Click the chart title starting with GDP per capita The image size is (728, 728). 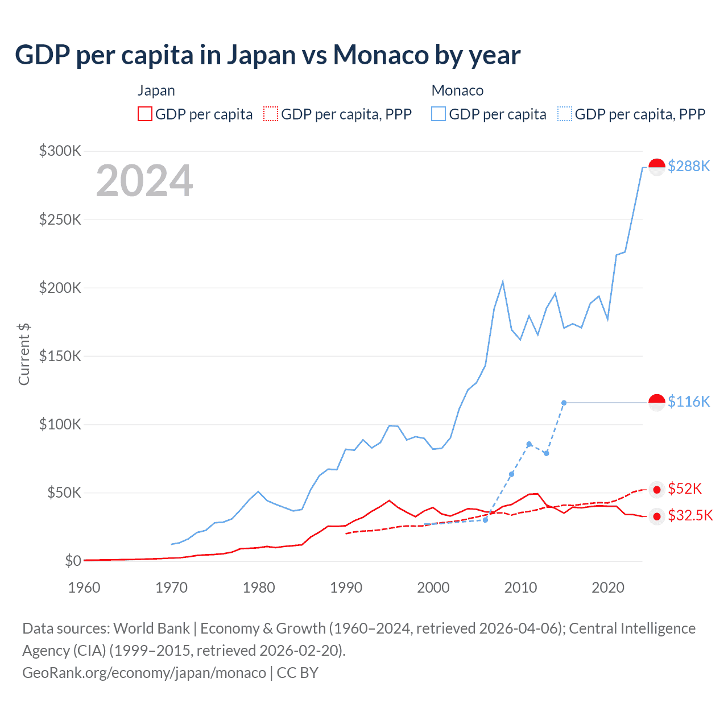coord(267,55)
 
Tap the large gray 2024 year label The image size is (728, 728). coord(144,181)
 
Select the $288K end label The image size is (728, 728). coord(689,166)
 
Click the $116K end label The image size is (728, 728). coord(689,402)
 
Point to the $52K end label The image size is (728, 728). coord(685,489)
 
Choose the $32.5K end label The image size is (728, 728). coord(690,515)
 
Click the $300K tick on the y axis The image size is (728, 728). coord(60,151)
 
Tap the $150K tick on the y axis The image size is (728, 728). coord(60,356)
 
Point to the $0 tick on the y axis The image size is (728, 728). coord(73,561)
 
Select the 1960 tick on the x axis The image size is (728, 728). coord(84,588)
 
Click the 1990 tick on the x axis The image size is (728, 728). coord(346,588)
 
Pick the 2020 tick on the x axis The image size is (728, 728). coord(608,588)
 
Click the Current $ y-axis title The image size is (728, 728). coord(24,354)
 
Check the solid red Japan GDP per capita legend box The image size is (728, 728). coord(145,114)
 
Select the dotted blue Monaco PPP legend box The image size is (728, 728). coord(565,114)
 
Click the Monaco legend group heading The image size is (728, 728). coord(457,90)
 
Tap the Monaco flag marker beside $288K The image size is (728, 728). coord(657,167)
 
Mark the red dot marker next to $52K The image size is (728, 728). coord(657,490)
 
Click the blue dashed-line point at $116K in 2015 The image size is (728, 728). coord(564,403)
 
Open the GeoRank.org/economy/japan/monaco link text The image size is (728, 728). coord(144,673)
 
